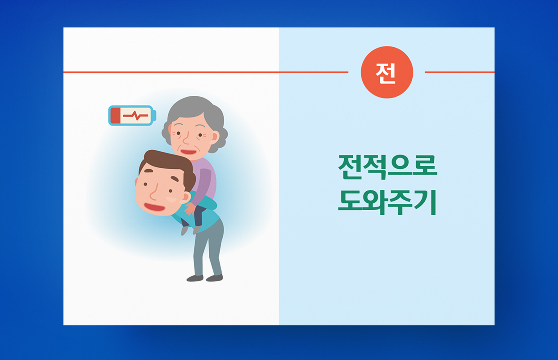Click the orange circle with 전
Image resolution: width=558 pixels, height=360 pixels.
pos(387,72)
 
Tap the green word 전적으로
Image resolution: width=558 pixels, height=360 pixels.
pos(387,167)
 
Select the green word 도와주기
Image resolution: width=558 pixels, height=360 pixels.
pos(387,202)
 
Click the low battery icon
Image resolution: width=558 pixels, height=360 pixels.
pos(132,115)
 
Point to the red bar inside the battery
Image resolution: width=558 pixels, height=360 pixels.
pos(116,115)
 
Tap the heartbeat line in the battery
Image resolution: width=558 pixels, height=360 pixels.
pos(135,116)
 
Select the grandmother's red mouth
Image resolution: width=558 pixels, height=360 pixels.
pos(189,152)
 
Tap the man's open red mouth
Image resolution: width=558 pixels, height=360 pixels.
pos(154,207)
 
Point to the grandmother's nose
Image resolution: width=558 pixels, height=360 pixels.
pos(185,139)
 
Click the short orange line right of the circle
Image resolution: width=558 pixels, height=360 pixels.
pos(459,72)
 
